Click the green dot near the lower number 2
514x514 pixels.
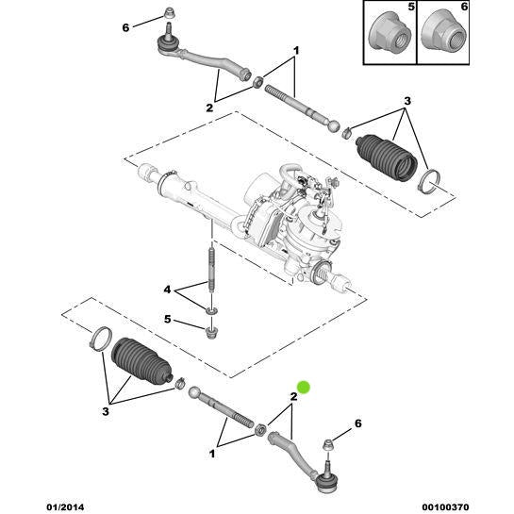click(x=304, y=387)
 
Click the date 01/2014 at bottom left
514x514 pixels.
click(x=65, y=507)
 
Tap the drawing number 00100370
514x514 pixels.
click(x=445, y=507)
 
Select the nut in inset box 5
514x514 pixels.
click(x=390, y=35)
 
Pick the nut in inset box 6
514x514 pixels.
click(x=443, y=35)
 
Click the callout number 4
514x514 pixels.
click(x=167, y=290)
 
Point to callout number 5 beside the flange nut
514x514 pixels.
click(x=167, y=319)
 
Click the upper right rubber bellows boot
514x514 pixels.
click(x=387, y=157)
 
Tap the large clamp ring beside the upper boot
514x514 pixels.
click(x=429, y=179)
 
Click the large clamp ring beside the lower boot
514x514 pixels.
click(x=101, y=340)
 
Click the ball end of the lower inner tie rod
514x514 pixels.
click(x=194, y=392)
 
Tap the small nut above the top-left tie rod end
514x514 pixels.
click(x=170, y=14)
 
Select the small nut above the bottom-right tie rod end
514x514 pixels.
click(x=328, y=445)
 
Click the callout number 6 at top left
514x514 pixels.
click(x=125, y=28)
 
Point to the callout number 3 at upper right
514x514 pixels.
click(x=407, y=101)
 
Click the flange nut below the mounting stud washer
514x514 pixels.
click(x=211, y=332)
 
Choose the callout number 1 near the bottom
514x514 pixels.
click(x=212, y=454)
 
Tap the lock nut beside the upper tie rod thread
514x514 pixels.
click(x=258, y=82)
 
